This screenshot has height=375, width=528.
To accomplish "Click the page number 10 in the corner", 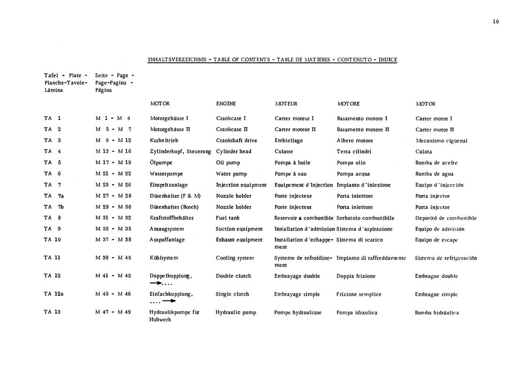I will pyautogui.click(x=496, y=22).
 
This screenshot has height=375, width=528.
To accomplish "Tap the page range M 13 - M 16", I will pyautogui.click(x=113, y=151).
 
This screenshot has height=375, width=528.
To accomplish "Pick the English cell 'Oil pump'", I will pyautogui.click(x=228, y=163).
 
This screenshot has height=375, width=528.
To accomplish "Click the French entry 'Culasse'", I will pyautogui.click(x=283, y=151).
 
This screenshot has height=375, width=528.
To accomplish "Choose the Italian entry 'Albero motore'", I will pyautogui.click(x=355, y=141).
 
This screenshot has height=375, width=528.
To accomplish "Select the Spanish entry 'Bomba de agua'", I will pyautogui.click(x=434, y=174).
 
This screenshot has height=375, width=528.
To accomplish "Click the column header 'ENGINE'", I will pyautogui.click(x=226, y=104).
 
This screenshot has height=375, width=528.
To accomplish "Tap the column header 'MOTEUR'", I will pyautogui.click(x=286, y=104).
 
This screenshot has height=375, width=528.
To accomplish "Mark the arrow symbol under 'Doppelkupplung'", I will pyautogui.click(x=157, y=283).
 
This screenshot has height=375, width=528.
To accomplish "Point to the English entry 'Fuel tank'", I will pyautogui.click(x=228, y=218).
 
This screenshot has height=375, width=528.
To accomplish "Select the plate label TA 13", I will pyautogui.click(x=52, y=312).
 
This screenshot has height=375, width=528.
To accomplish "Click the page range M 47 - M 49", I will pyautogui.click(x=113, y=312).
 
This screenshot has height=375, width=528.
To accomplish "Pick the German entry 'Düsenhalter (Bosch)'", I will pyautogui.click(x=174, y=207).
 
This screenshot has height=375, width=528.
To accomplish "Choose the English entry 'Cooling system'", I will pyautogui.click(x=235, y=258).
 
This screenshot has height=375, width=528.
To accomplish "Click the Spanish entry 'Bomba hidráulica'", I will pyautogui.click(x=436, y=313).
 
